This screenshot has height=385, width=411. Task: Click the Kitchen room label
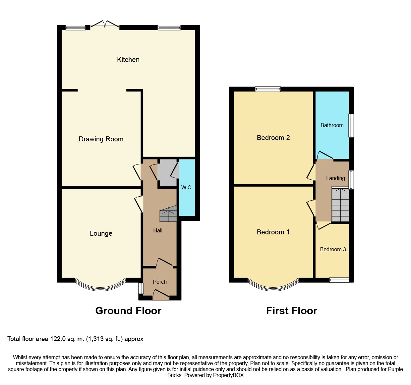tap(128, 60)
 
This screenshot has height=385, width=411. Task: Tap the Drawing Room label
tap(101, 139)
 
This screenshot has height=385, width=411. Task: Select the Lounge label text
tap(101, 233)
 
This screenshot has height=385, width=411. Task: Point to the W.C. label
tap(187, 188)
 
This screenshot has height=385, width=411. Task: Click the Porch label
tap(160, 282)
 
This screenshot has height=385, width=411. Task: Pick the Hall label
tap(158, 230)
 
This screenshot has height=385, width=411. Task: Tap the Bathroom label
tap(332, 125)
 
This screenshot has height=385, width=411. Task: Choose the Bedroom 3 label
tap(333, 249)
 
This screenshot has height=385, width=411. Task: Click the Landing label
tap(335, 178)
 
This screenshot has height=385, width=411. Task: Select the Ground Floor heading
tap(128, 311)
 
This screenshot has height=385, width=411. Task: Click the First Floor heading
tap(292, 311)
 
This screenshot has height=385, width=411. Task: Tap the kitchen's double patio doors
tap(105, 24)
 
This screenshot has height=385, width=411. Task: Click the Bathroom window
tap(351, 125)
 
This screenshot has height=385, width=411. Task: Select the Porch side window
tap(141, 288)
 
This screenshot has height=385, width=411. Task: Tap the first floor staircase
tap(340, 204)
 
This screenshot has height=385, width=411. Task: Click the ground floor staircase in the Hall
tap(168, 214)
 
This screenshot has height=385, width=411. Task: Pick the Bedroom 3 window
tap(339, 280)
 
